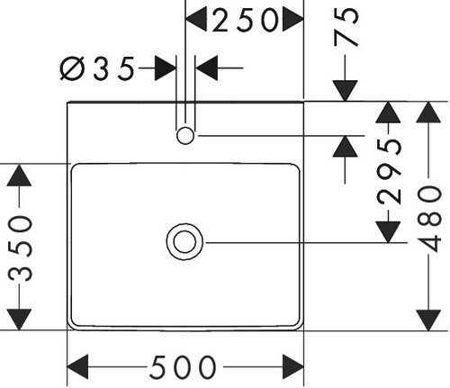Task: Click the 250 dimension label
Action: [245, 20]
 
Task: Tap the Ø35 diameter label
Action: [97, 68]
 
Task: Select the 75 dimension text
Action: [346, 27]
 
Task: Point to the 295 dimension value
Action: [389, 172]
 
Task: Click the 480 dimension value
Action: [429, 218]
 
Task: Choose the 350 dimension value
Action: [20, 248]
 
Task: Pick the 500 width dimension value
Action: [183, 367]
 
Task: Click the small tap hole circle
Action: [185, 136]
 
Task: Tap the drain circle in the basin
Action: [184, 242]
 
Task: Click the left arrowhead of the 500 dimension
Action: [77, 366]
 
